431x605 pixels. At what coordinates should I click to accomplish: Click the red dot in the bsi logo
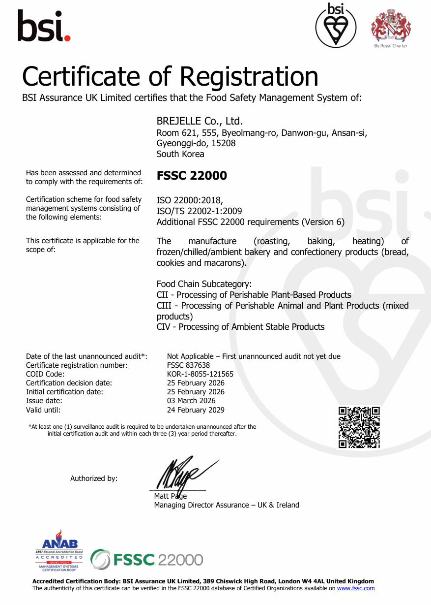pyautogui.click(x=67, y=37)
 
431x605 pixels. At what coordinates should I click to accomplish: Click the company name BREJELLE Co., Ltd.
pyautogui.click(x=200, y=121)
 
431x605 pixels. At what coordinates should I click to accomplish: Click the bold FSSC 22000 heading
pyautogui.click(x=192, y=176)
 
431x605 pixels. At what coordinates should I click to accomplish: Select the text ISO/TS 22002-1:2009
pyautogui.click(x=199, y=211)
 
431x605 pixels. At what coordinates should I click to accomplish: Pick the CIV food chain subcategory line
pyautogui.click(x=240, y=327)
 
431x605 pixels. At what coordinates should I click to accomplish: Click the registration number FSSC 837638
pyautogui.click(x=188, y=365)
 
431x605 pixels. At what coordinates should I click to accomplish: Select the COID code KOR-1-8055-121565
pyautogui.click(x=200, y=374)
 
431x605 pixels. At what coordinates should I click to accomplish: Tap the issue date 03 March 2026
pyautogui.click(x=191, y=401)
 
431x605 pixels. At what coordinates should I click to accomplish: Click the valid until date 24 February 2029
pyautogui.click(x=196, y=410)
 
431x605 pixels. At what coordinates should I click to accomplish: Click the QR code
pyautogui.click(x=359, y=427)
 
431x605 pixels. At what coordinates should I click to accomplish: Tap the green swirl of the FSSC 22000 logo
pyautogui.click(x=100, y=560)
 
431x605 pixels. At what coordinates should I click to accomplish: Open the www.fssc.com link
pyautogui.click(x=356, y=588)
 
